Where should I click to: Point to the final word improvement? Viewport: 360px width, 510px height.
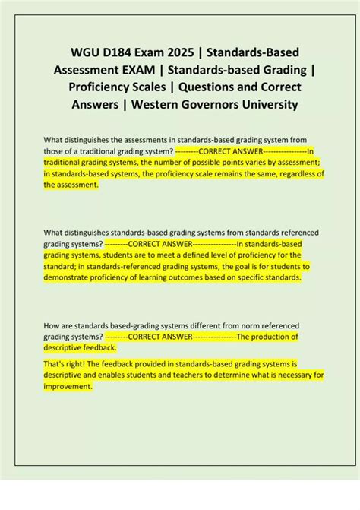coord(69,386)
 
